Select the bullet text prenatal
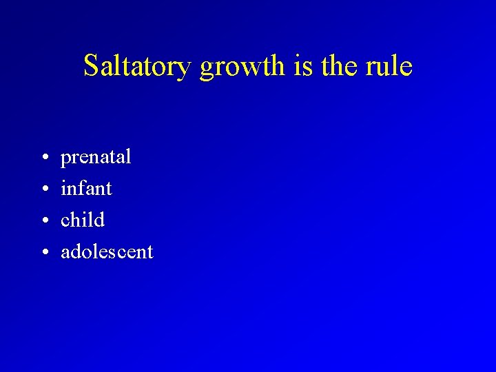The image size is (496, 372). (96, 158)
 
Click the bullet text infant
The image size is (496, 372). (86, 188)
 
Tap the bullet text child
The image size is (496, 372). (83, 220)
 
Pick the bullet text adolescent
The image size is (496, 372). (107, 251)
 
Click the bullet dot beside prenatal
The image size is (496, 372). (43, 158)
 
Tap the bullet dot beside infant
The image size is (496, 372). (43, 189)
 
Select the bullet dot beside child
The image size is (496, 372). (43, 221)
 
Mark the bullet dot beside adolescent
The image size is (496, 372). (43, 253)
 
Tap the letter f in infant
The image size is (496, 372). (85, 187)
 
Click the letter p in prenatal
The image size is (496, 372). (66, 160)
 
